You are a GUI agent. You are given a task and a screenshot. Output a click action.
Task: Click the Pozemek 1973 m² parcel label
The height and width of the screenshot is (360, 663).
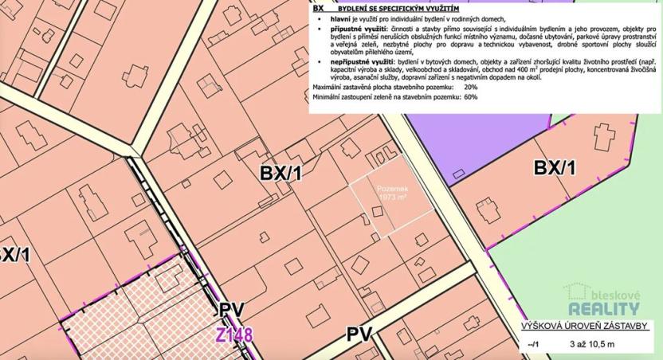point(393,191)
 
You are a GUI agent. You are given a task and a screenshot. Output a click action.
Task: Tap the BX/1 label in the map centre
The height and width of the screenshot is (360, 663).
point(281,172)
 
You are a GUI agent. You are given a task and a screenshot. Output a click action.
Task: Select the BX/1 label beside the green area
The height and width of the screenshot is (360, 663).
point(555,167)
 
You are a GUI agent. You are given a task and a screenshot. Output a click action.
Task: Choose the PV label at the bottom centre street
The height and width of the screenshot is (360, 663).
point(359,335)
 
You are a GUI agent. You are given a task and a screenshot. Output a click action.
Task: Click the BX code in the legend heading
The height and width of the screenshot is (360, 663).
point(318,6)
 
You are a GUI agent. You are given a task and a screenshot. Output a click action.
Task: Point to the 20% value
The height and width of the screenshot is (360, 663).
point(471,87)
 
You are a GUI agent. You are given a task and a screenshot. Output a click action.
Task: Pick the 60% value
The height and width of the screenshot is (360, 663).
point(471,97)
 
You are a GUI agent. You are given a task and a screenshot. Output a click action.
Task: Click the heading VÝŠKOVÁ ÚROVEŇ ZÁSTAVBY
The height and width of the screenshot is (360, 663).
point(585,327)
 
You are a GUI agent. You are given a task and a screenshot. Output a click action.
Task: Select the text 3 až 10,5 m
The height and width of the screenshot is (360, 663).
point(592,344)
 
